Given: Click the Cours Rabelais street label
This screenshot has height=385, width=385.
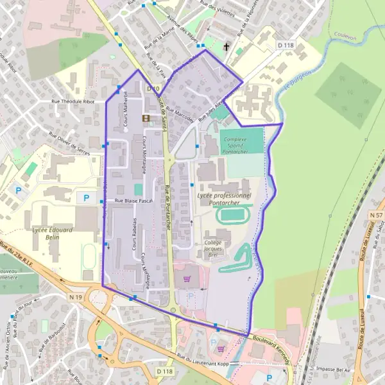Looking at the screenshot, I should click(x=134, y=235).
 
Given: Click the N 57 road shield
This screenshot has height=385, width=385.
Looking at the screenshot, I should click(x=376, y=216).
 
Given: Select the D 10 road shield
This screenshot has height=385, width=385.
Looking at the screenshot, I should click(x=153, y=88).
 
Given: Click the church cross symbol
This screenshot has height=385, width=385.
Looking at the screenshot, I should click(x=226, y=47).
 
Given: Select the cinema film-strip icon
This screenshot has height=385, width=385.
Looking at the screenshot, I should click(x=146, y=118).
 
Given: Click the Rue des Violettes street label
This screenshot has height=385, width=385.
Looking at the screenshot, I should click(x=217, y=10).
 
